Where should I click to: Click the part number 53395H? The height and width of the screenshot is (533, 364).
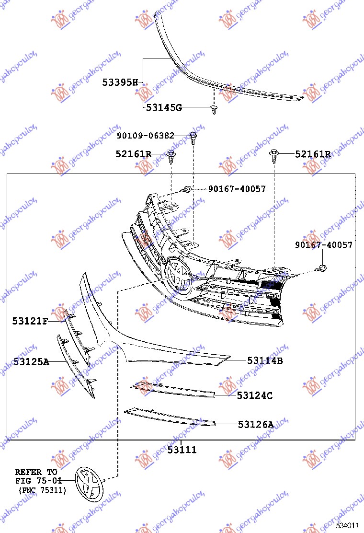click(x=120, y=82)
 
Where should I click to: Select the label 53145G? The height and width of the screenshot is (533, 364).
click(x=164, y=107)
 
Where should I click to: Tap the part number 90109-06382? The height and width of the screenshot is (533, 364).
click(x=145, y=136)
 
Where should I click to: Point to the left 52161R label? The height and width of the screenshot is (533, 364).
click(x=134, y=154)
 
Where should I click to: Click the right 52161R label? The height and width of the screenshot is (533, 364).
click(x=313, y=154)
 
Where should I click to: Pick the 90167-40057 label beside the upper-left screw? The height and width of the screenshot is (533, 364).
click(x=237, y=189)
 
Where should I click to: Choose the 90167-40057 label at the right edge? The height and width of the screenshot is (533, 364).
click(x=324, y=245)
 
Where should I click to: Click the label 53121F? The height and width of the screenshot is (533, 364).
click(x=30, y=321)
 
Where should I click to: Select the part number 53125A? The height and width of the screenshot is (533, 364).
click(x=31, y=362)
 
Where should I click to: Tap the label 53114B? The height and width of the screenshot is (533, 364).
click(x=265, y=360)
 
